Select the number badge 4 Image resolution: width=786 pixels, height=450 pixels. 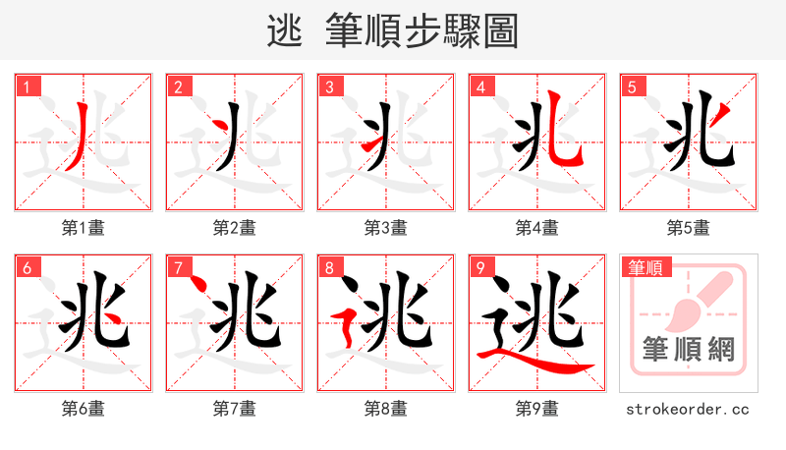pos(481,87)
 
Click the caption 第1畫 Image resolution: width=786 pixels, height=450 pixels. pos(84,228)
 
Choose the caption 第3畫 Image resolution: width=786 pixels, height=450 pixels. pos(386,228)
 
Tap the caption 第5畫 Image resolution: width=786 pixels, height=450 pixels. pos(689,228)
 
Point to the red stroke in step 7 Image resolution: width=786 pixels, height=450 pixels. pos(199,285)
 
